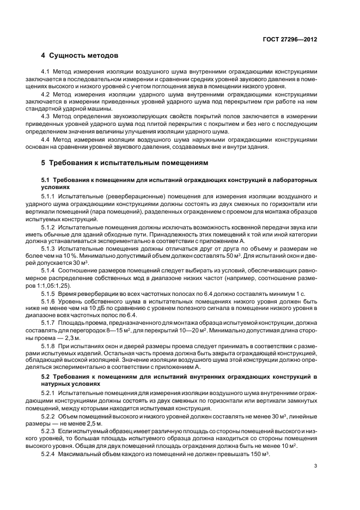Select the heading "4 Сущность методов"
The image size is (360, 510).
(79, 56)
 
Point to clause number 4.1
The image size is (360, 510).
(47, 71)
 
